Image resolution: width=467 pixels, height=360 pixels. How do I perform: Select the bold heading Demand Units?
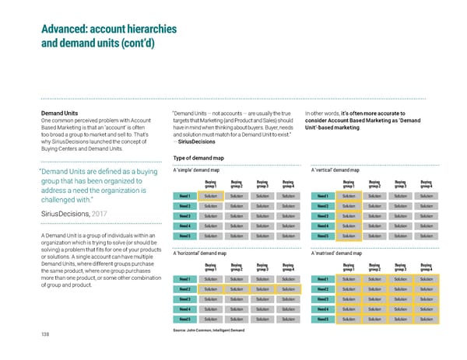click(58, 114)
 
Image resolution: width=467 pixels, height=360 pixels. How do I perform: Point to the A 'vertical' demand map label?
click(334, 171)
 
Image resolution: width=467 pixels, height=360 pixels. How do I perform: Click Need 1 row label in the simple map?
click(184, 196)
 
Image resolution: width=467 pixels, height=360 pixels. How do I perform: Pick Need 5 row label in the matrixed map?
click(321, 319)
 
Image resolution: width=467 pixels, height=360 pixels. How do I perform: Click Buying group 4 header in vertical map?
click(426, 184)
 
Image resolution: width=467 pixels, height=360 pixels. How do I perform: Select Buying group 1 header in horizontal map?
click(210, 266)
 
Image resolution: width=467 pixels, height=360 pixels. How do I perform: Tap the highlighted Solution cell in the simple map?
click(210, 196)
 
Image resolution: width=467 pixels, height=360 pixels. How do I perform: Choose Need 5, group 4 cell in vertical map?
click(426, 236)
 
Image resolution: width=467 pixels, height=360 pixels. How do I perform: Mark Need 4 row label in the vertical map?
click(321, 225)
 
